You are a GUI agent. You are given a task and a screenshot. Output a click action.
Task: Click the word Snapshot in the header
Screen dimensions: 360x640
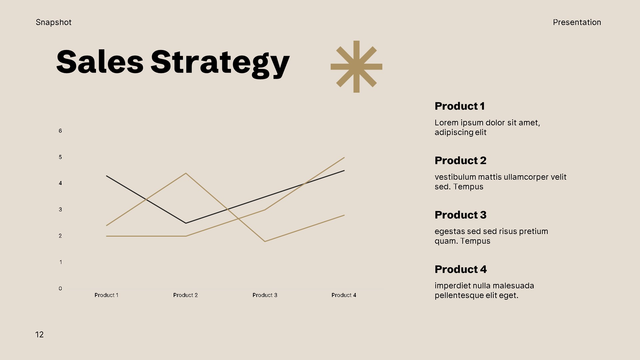pos(53,22)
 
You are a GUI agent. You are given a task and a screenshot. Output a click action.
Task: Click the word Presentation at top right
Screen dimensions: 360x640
pos(577,22)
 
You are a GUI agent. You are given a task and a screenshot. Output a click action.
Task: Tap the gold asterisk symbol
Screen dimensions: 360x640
pos(356,67)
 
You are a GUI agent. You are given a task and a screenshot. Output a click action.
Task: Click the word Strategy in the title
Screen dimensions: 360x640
pos(220,63)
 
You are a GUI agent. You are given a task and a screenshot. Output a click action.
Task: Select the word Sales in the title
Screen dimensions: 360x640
pos(100,62)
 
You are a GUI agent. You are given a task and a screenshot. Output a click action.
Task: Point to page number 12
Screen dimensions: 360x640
pos(39,335)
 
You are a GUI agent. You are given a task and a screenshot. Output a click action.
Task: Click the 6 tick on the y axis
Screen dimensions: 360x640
pos(60,131)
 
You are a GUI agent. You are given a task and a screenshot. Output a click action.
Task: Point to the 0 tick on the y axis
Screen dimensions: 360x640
pos(60,288)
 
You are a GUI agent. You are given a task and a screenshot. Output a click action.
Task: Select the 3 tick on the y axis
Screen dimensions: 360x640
pos(60,209)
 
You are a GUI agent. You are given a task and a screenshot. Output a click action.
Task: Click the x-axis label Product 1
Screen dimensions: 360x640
pos(106,295)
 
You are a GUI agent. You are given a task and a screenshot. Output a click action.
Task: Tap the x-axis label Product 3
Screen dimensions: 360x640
pos(265,295)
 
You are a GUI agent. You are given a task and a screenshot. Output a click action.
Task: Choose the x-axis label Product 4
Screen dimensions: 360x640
pos(344,295)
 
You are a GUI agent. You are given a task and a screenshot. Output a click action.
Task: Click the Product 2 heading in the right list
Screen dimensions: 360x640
pos(460,161)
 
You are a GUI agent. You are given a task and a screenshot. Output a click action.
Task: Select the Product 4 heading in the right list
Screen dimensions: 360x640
pos(460,269)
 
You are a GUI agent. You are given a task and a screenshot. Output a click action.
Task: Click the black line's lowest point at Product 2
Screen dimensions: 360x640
pos(186,223)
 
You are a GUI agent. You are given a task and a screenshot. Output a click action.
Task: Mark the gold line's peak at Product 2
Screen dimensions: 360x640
pos(186,173)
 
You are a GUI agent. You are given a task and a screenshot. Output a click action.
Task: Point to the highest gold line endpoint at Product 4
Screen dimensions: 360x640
pos(344,158)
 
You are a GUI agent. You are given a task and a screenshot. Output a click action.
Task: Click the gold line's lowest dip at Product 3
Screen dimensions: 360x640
pos(265,241)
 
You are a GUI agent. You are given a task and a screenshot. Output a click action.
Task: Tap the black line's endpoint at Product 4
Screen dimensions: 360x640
pos(344,171)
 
